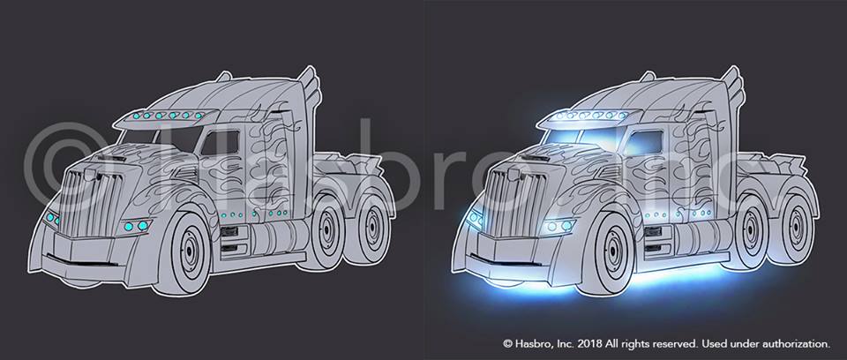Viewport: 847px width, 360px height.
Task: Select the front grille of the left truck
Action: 89,203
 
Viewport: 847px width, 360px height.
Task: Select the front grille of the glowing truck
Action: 513,203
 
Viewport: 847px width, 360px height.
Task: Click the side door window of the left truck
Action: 219,143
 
